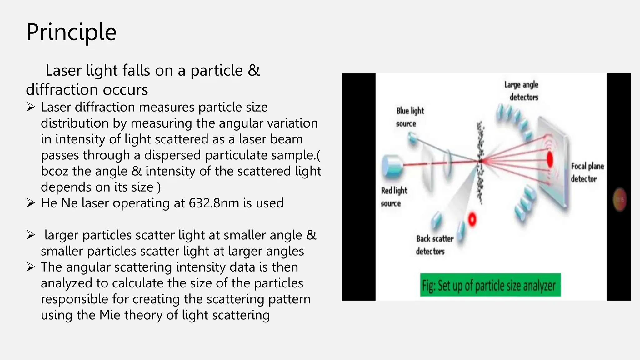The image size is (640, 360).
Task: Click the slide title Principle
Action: coord(71,32)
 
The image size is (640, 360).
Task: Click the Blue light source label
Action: coord(409,117)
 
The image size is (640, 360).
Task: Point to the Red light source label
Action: coord(394,197)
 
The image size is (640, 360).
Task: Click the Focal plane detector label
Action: coord(587,172)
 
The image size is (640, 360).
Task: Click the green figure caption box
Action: coord(490,285)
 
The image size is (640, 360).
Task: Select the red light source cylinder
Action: coord(391,166)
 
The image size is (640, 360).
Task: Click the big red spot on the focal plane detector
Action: coord(550,159)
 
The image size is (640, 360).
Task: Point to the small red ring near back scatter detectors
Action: coord(472,219)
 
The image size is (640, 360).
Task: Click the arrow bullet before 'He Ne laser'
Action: coord(31,203)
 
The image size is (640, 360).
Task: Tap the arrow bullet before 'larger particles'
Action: coord(31,235)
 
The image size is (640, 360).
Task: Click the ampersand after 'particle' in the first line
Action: coord(254,70)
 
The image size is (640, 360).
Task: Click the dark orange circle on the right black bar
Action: coord(620,199)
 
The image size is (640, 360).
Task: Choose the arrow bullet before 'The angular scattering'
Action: coord(31,267)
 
